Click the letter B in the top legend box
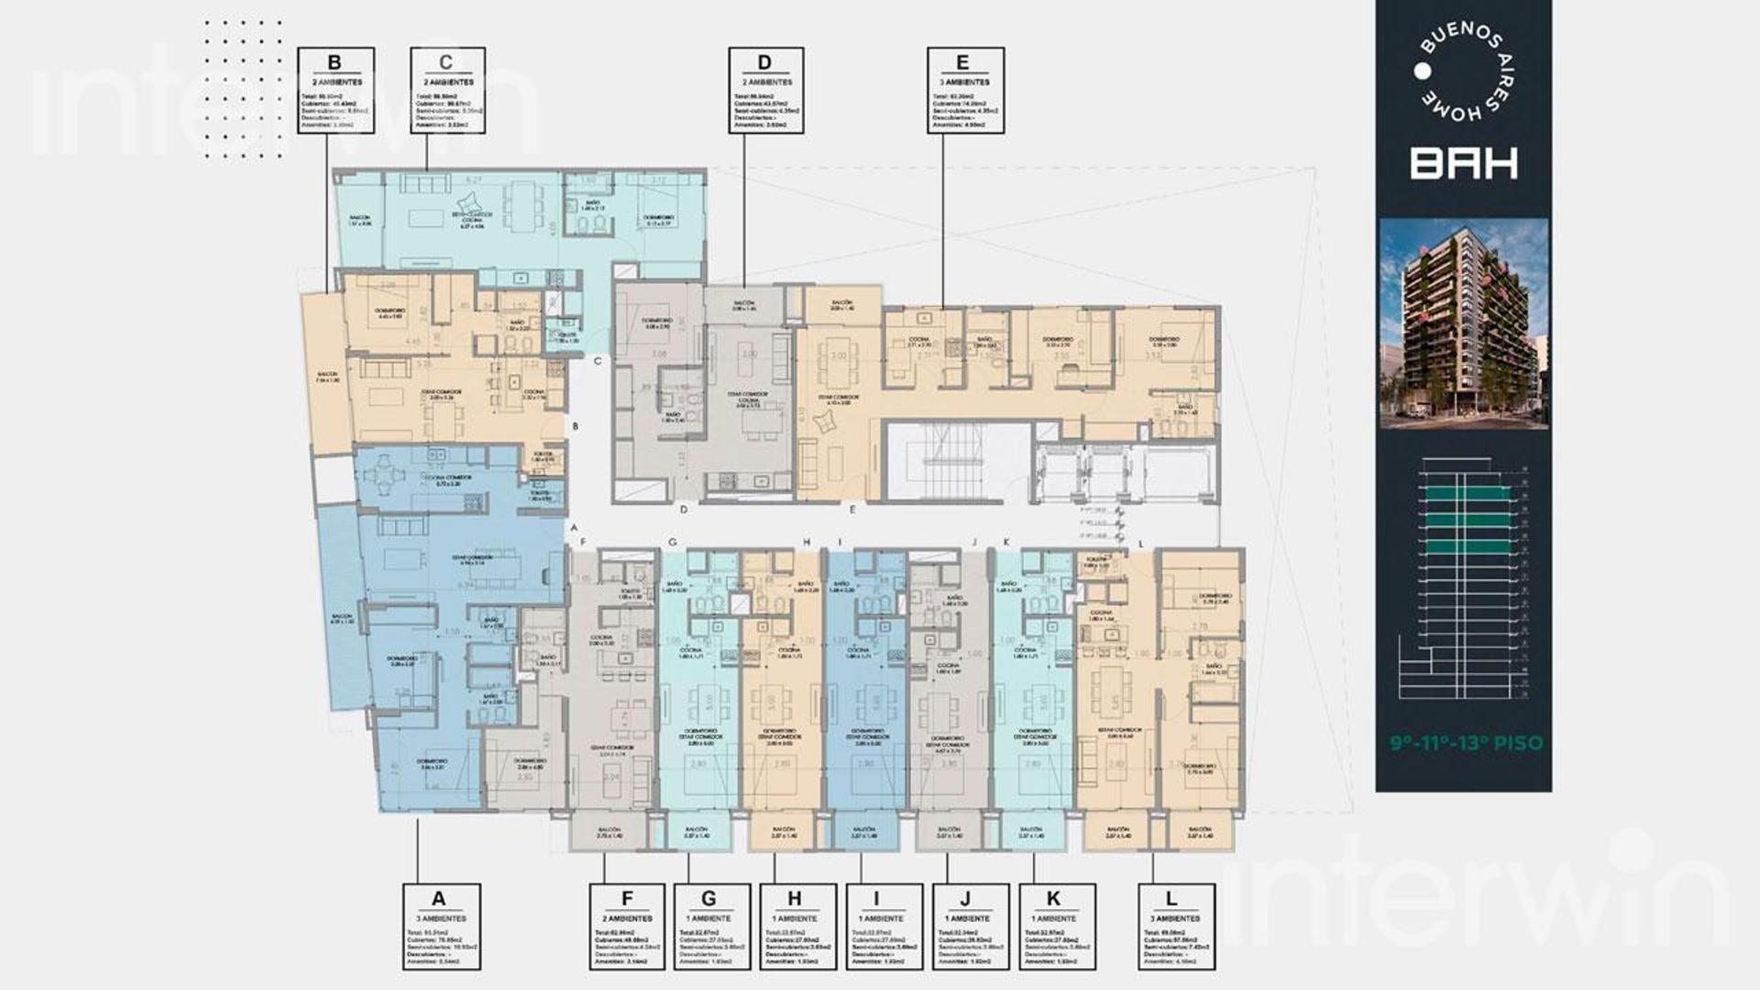coord(335,62)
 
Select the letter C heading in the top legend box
coord(446,62)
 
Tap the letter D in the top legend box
coord(764,62)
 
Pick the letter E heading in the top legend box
coord(962,62)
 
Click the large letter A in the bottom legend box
coord(438,898)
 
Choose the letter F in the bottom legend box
coord(627,898)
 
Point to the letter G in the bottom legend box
coord(709,898)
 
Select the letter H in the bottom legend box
coord(795,898)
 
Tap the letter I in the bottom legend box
coord(877,898)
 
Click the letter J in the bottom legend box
coord(965,898)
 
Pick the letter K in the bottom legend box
coord(1053,898)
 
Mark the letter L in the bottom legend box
coord(1171,898)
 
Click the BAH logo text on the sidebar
coord(1463,163)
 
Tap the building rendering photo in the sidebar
coord(1464,323)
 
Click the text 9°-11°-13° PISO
coord(1467,742)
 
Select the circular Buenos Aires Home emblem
coord(1464,71)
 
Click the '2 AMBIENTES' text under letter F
coord(627,918)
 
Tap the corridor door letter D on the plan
coord(684,510)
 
